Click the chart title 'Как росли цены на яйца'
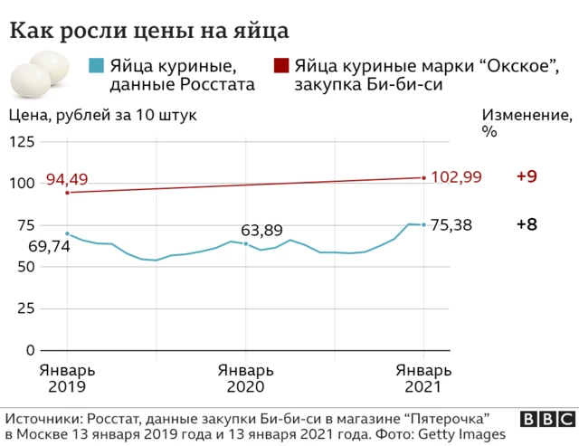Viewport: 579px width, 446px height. point(149,31)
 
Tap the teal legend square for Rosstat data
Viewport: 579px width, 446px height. point(95,66)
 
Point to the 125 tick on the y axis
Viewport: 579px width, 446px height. point(23,142)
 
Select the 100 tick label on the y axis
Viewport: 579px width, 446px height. point(23,184)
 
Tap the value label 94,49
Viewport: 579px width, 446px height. point(67,179)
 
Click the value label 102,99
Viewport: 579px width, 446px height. point(462,177)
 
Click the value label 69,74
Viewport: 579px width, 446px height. point(33,245)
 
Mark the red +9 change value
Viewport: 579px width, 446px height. point(527,177)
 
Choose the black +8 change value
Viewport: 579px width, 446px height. point(527,225)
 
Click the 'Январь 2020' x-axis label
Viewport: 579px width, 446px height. point(245,378)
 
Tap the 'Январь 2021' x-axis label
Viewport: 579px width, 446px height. point(423,378)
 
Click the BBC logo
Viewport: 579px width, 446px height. point(546,420)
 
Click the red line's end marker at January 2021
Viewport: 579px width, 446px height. point(423,177)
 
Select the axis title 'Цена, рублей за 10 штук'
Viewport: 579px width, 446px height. point(102,116)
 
